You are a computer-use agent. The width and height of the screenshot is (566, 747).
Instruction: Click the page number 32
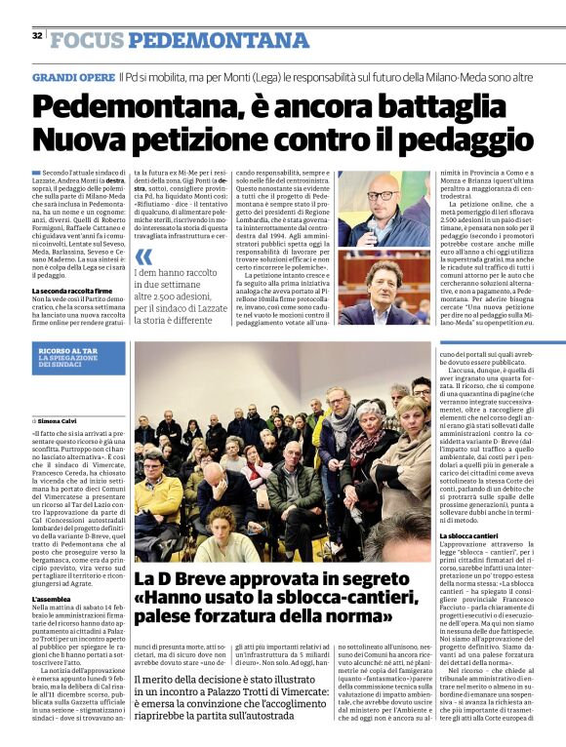[x=36, y=35]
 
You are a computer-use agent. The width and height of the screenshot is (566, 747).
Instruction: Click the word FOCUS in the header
[x=87, y=40]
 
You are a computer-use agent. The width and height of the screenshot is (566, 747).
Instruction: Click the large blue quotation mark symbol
[x=144, y=256]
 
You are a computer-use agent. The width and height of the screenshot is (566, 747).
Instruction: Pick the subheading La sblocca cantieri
[x=473, y=536]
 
